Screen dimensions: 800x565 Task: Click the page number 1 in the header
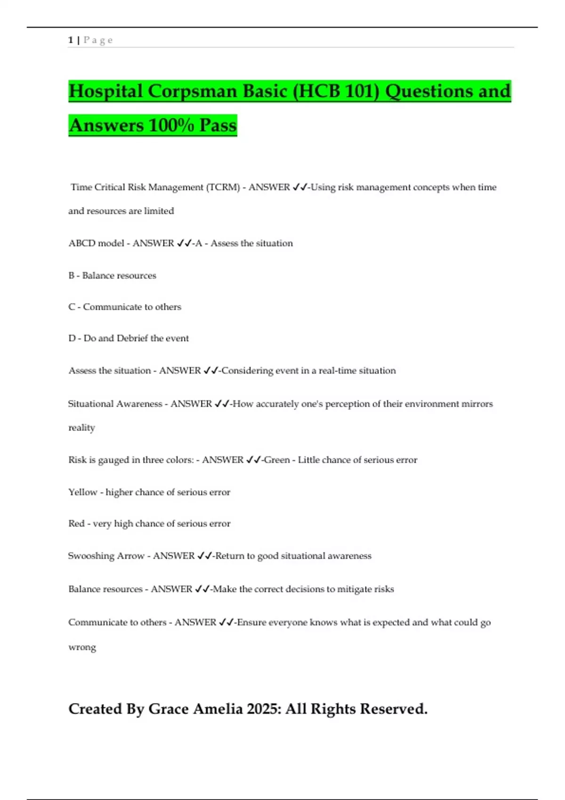(71, 40)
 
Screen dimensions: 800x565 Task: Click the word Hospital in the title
(106, 91)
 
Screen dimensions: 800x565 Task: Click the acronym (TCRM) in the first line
(223, 187)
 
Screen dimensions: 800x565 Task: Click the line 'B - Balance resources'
(112, 275)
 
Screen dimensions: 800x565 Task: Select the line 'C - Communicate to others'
(125, 307)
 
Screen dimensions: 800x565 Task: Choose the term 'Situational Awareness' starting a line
(115, 404)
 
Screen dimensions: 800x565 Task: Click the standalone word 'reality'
(82, 428)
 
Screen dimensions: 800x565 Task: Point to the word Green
(277, 460)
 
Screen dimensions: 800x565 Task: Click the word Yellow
(83, 492)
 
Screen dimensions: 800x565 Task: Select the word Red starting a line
(76, 524)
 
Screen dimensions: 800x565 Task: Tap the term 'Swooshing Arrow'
(106, 556)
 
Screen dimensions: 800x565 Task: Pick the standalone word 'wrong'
(82, 647)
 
